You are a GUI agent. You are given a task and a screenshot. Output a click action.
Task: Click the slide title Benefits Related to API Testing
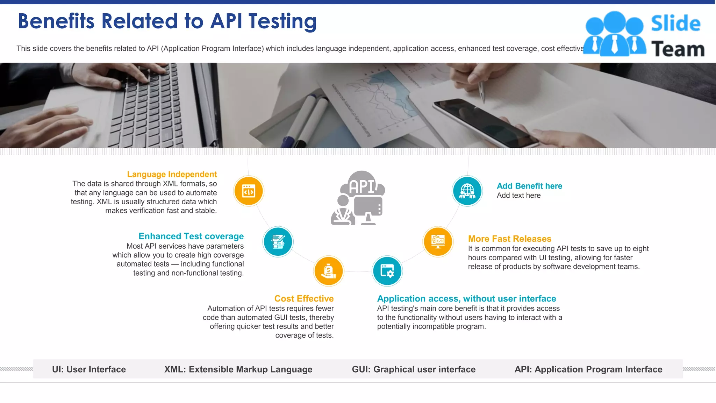(x=167, y=21)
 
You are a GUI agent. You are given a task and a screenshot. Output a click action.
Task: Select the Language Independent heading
(x=172, y=174)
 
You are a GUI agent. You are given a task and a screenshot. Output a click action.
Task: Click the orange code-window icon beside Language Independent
(x=249, y=191)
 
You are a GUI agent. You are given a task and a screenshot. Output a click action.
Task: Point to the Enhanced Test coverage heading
(x=191, y=236)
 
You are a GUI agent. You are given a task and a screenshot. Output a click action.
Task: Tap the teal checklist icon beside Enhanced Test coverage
(x=278, y=242)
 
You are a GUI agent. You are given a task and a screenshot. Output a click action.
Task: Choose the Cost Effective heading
(x=304, y=299)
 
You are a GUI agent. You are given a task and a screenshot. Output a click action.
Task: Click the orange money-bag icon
(x=329, y=271)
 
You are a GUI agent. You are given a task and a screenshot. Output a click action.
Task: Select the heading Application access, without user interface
(x=466, y=299)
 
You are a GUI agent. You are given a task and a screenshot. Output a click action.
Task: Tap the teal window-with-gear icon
(x=387, y=271)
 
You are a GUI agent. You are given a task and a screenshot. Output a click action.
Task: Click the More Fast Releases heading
(x=509, y=239)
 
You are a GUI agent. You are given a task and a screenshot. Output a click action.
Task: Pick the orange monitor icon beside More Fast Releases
(x=438, y=241)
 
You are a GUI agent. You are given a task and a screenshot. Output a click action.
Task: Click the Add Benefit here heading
(x=529, y=186)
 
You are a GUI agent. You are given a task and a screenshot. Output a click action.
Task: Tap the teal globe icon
(x=467, y=191)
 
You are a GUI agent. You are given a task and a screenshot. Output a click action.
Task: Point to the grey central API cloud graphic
(x=358, y=198)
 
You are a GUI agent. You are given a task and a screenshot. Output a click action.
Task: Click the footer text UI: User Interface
(x=89, y=369)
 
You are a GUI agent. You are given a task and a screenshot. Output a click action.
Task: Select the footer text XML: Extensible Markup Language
(x=238, y=369)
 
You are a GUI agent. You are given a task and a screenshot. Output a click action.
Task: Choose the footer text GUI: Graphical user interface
(x=414, y=369)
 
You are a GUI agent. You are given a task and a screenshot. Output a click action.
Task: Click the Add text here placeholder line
(x=518, y=196)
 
